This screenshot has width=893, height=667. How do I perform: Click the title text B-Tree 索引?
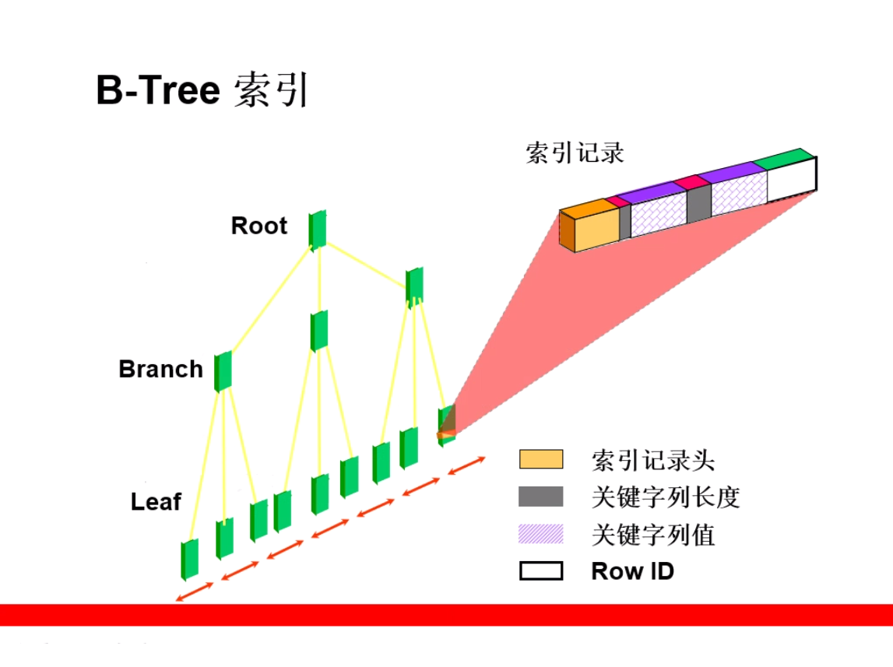click(202, 90)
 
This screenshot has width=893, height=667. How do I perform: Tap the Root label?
click(259, 226)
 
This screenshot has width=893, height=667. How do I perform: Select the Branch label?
click(160, 370)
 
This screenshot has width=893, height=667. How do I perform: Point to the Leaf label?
click(156, 502)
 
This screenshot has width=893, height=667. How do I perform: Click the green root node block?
click(317, 230)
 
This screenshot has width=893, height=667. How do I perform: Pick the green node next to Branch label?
click(223, 371)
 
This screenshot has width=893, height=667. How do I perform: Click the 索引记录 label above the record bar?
click(575, 153)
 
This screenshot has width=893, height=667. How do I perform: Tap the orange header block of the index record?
click(589, 226)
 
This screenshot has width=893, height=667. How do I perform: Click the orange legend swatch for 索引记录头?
click(541, 459)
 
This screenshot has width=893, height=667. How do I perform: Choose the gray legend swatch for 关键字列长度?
click(541, 497)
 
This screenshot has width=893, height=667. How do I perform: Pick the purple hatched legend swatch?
click(541, 535)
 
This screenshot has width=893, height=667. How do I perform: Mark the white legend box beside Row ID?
click(541, 570)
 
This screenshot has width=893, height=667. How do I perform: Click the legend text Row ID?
click(633, 571)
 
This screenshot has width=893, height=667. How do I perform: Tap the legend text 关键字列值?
click(652, 535)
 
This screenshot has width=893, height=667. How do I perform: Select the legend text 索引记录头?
click(652, 460)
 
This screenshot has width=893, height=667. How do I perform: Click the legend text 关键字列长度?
click(665, 497)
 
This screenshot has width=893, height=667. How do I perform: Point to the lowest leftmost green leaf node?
click(190, 560)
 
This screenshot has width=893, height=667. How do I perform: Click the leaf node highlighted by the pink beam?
click(447, 425)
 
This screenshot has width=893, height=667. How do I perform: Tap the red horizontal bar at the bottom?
click(447, 615)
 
